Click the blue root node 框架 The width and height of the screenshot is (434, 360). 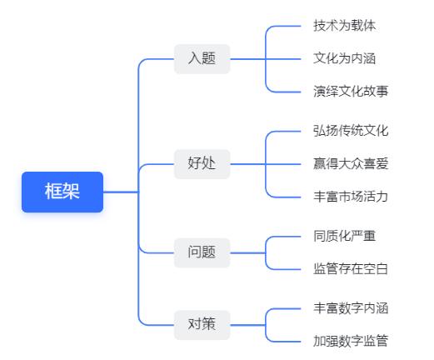click(x=62, y=192)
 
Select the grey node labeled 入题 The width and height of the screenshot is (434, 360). click(x=202, y=59)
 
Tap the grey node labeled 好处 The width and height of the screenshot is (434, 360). click(x=202, y=164)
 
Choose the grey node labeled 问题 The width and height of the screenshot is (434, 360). click(x=202, y=252)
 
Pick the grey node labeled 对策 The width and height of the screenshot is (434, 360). click(x=202, y=325)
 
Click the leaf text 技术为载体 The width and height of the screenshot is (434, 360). click(x=345, y=26)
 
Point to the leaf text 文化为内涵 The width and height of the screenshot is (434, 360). click(x=345, y=58)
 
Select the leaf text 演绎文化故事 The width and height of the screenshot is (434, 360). click(x=351, y=92)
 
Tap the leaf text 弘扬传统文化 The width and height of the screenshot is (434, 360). click(x=351, y=131)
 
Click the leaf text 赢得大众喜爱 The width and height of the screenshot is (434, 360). click(x=351, y=163)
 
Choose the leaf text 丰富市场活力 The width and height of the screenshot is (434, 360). click(x=351, y=197)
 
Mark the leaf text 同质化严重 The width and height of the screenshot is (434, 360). click(x=345, y=236)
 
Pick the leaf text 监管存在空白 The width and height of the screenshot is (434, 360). click(x=351, y=269)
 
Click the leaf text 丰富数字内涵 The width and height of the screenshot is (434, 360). click(x=351, y=308)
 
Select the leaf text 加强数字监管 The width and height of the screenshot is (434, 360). click(x=351, y=341)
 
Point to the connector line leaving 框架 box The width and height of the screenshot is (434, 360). click(x=121, y=192)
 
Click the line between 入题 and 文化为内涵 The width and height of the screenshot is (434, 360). click(x=266, y=59)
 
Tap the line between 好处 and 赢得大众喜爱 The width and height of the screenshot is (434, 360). click(x=266, y=164)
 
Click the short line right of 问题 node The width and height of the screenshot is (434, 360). click(x=248, y=253)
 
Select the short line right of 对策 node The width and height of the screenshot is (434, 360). click(x=248, y=325)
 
